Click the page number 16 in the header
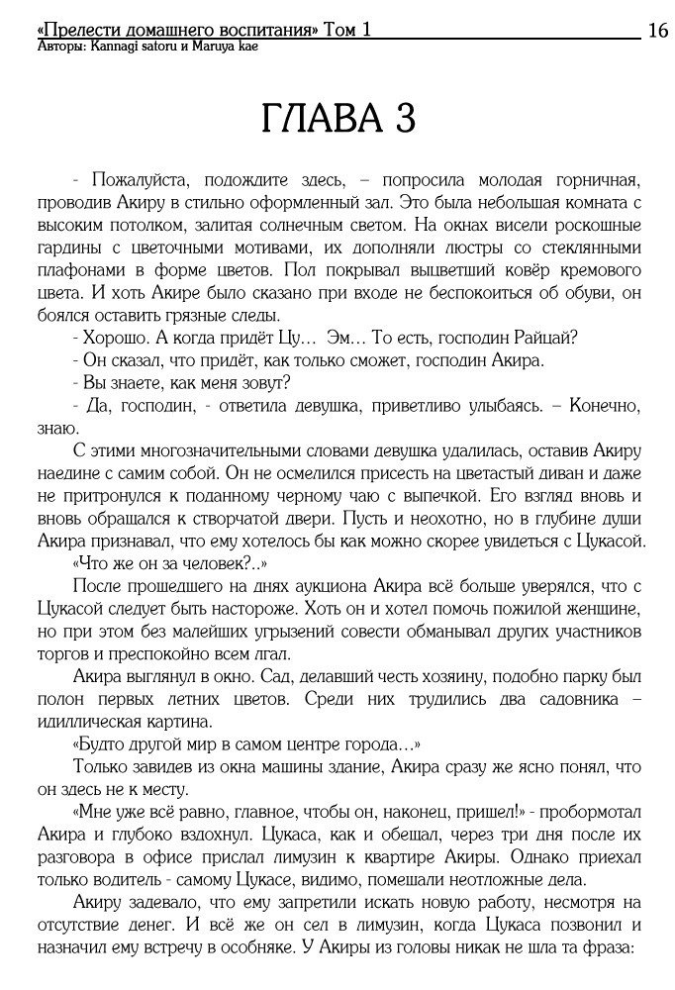tap(658, 31)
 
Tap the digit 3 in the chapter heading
tap(403, 119)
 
